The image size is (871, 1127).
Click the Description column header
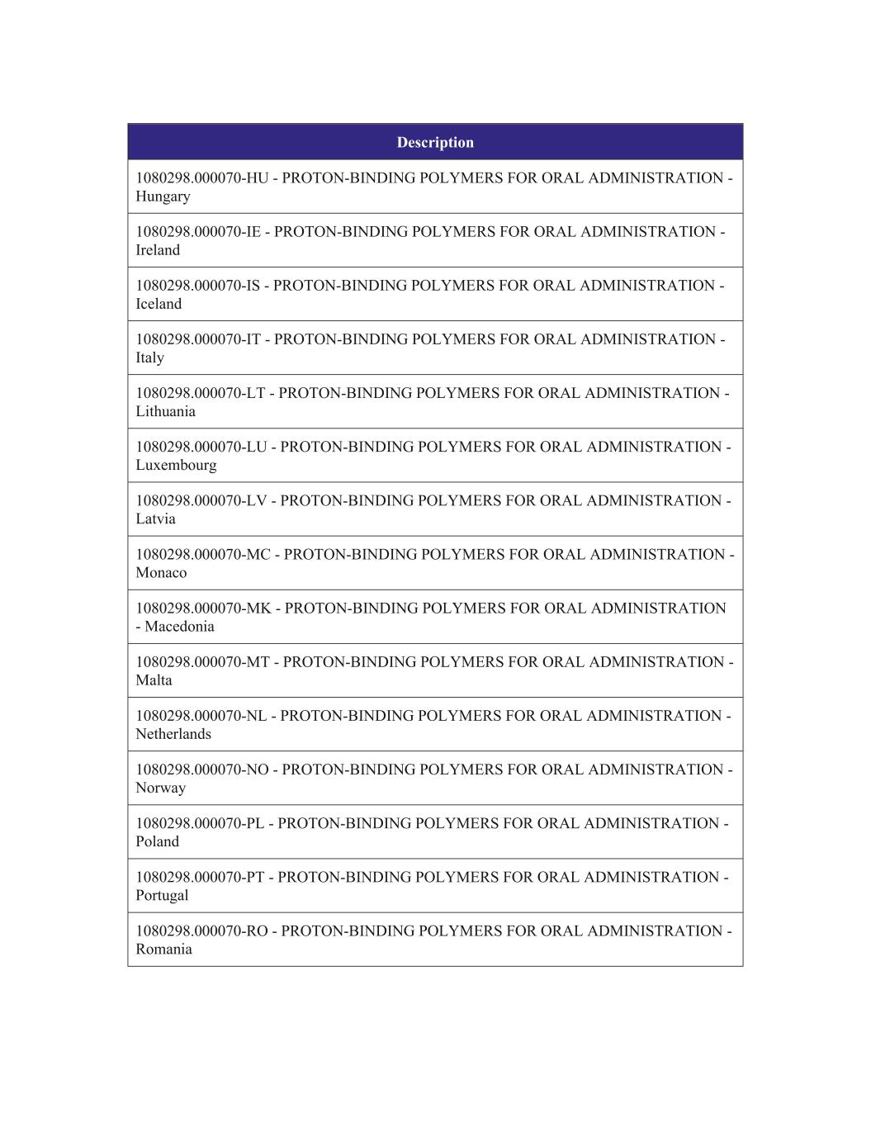pos(435,142)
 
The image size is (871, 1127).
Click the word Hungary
pos(163,197)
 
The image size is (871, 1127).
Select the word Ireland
pos(158,250)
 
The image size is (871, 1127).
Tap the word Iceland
pos(159,304)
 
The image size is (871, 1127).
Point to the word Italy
pos(149,358)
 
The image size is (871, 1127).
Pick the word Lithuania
pos(165,411)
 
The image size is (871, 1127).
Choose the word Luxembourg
pos(176,465)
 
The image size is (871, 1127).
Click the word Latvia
pos(155,519)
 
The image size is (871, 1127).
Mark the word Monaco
pos(161,572)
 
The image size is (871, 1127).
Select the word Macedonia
pos(179,627)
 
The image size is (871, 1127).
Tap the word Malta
pos(154,680)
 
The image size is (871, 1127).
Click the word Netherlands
pos(173,734)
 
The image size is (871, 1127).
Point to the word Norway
pos(160,788)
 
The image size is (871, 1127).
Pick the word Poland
pos(157,841)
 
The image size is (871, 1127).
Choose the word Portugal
pos(162,895)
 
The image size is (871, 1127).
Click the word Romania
pos(163,949)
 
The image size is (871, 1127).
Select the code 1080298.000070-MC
pos(203,554)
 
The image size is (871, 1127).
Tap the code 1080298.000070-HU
pos(202,178)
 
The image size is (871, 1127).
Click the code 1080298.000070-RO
pos(201,930)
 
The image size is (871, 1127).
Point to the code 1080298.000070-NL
pos(201,716)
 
